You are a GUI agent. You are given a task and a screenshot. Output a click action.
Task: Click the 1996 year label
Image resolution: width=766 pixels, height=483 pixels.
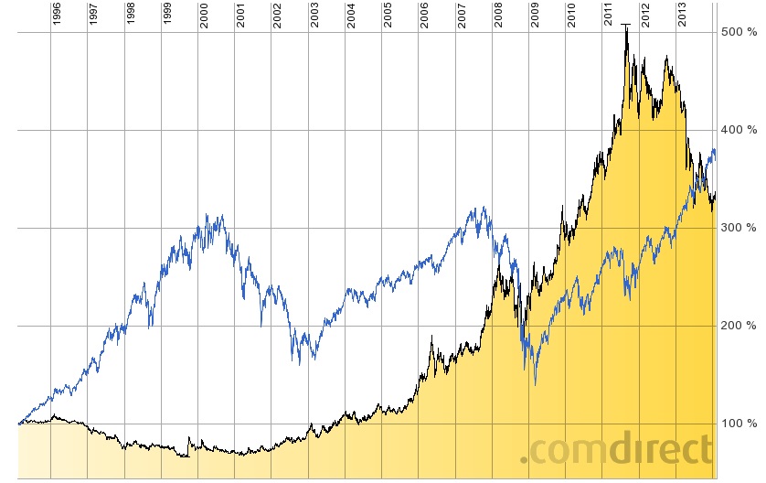tap(57, 16)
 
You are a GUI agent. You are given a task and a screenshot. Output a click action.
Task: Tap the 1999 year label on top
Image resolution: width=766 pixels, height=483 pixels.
tap(167, 16)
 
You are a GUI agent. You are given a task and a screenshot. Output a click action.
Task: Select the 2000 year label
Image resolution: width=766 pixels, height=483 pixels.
tap(204, 16)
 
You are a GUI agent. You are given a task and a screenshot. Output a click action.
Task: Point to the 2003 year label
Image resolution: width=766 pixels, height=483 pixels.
tap(314, 16)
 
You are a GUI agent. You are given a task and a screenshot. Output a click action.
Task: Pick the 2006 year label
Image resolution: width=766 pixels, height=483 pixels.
tap(424, 16)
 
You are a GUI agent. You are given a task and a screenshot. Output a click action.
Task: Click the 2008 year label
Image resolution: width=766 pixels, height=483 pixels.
tap(498, 16)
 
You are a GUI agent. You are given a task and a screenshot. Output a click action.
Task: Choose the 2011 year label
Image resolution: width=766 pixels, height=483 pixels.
tap(608, 16)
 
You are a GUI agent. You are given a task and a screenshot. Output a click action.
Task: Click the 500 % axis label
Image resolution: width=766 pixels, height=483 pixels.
tap(739, 32)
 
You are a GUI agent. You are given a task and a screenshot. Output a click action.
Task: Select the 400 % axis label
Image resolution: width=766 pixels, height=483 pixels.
tap(739, 130)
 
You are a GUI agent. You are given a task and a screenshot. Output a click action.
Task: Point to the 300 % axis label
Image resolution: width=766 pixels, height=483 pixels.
tap(739, 228)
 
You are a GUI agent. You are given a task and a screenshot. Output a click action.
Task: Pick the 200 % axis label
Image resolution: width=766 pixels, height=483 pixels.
tap(739, 326)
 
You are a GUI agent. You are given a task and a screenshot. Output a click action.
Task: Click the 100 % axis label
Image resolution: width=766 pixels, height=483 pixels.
tap(739, 424)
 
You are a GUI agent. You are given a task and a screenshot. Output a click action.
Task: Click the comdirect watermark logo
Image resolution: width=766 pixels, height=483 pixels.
tap(617, 450)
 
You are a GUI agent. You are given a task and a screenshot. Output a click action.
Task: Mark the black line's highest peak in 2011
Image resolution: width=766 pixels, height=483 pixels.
tap(625, 25)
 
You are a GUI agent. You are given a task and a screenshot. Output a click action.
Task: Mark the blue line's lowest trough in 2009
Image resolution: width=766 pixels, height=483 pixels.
tap(536, 384)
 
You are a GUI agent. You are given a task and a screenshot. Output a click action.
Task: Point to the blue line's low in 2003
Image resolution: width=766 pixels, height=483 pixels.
tap(300, 364)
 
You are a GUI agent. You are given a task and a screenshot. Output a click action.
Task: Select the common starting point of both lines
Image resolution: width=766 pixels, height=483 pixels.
tap(19, 424)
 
